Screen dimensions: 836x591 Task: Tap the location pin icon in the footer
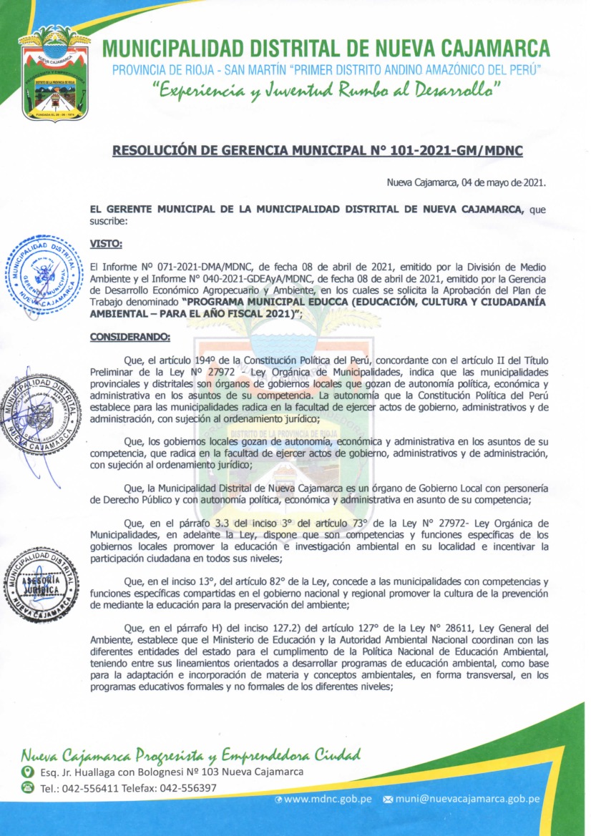pos(28,772)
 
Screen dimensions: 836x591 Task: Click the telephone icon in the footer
pos(28,788)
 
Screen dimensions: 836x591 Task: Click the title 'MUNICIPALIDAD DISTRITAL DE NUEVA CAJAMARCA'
pos(326,49)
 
